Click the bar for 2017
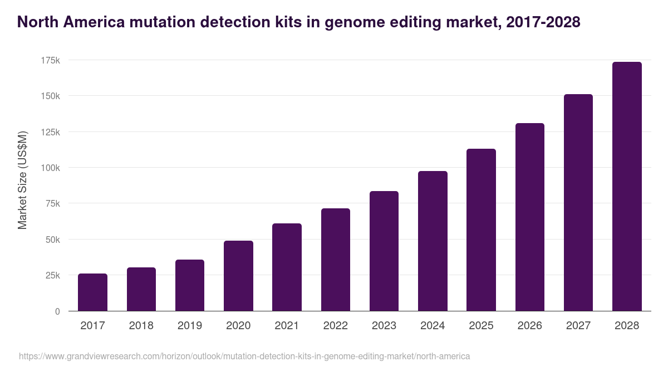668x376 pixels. (x=92, y=292)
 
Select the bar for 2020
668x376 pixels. (x=238, y=276)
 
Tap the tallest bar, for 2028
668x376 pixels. (x=627, y=187)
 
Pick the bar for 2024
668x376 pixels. (x=433, y=241)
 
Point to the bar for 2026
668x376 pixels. (x=529, y=217)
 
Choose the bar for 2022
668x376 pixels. (x=336, y=260)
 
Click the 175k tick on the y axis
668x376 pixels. (x=50, y=60)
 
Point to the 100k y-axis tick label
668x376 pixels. (x=50, y=168)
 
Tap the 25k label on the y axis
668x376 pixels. (x=52, y=275)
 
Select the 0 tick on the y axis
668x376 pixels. (x=57, y=311)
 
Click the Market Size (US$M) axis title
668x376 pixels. (x=22, y=179)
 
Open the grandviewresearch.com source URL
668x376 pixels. (x=244, y=356)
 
